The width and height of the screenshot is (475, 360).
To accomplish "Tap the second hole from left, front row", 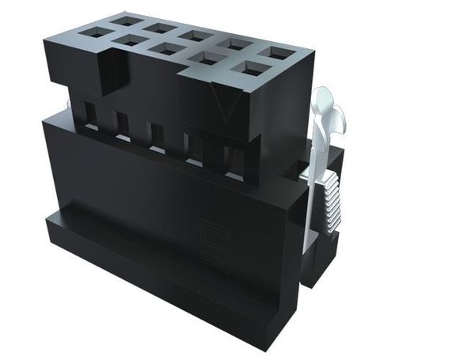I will (x=131, y=40).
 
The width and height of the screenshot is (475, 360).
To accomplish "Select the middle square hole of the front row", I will (x=168, y=48).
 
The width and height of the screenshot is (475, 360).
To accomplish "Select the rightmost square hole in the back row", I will (x=277, y=53).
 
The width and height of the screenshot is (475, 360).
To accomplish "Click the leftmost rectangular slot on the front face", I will (x=90, y=112).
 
